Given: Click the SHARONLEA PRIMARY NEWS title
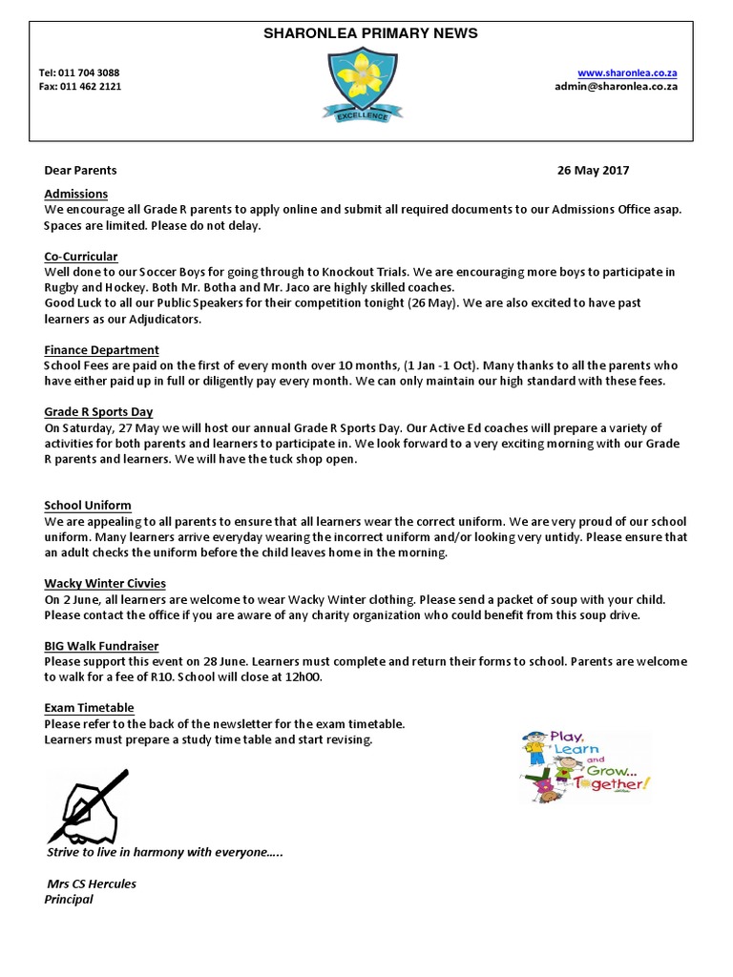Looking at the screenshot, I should click(371, 33).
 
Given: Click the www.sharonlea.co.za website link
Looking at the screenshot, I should click(628, 73).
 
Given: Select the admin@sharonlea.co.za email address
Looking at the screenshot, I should click(617, 86).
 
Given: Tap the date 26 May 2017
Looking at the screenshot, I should click(593, 171).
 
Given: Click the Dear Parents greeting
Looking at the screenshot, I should click(81, 171).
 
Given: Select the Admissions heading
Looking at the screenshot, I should click(76, 194).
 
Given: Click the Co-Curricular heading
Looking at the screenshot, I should click(81, 257).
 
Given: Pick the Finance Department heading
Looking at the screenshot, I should click(101, 350).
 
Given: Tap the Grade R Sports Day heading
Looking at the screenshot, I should click(98, 412).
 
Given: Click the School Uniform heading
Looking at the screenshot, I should click(88, 505).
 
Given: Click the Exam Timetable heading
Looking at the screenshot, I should click(89, 708).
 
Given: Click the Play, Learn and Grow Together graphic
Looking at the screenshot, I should click(585, 764).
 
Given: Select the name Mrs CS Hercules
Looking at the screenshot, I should click(92, 883).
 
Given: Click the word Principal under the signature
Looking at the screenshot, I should click(69, 899).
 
